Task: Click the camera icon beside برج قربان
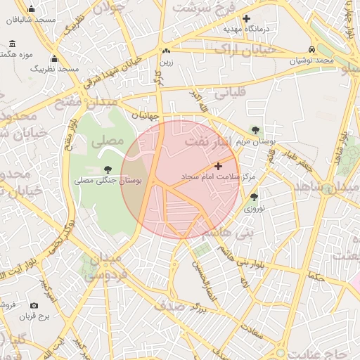[34, 306]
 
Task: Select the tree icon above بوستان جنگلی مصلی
[108, 169]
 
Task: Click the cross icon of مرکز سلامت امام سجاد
[217, 167]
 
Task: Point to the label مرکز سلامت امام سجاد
[219, 176]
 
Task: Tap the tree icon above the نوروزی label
[254, 198]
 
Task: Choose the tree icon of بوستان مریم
[255, 130]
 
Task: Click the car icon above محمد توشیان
[311, 50]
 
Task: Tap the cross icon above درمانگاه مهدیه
[246, 18]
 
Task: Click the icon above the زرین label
[166, 51]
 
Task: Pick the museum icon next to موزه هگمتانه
[12, 44]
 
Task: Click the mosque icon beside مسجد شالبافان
[31, 9]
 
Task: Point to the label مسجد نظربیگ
[58, 69]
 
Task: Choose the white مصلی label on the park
[107, 141]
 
